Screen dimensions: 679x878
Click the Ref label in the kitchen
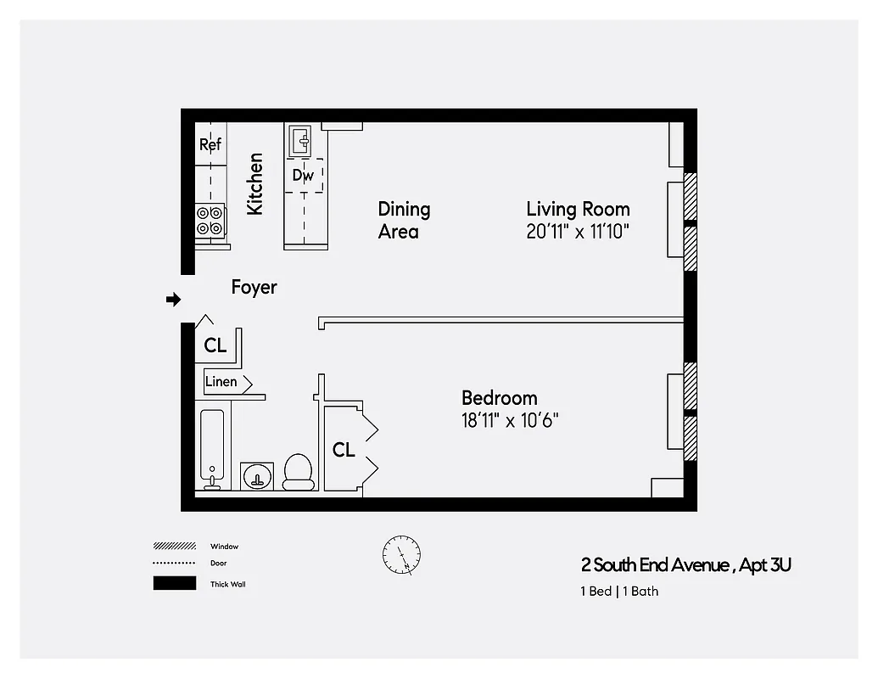(210, 144)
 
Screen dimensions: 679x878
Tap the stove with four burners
(210, 221)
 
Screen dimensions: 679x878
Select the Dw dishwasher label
(303, 176)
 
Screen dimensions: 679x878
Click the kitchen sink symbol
(299, 138)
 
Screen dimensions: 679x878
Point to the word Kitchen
(254, 183)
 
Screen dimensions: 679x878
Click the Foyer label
(254, 287)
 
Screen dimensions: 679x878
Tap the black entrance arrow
(173, 299)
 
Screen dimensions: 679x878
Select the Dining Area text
(404, 220)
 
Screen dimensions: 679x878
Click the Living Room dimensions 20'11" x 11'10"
(578, 232)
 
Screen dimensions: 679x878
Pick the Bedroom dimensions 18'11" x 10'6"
(509, 420)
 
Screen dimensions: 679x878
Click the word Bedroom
(499, 397)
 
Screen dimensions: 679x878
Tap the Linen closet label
(221, 382)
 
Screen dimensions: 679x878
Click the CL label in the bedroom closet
(344, 450)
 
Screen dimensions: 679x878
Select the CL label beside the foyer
(215, 345)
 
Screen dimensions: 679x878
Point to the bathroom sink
(256, 476)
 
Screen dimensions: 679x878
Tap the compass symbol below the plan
(401, 556)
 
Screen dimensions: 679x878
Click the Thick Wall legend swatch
(174, 584)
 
